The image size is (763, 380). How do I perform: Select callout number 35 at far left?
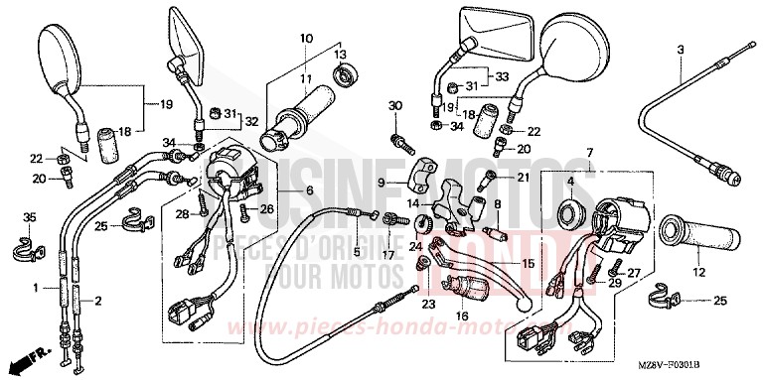[29, 217]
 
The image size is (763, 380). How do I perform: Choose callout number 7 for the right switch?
[589, 152]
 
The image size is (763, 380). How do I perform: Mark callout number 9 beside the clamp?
[381, 183]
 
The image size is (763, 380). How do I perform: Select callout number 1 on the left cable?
[37, 287]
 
